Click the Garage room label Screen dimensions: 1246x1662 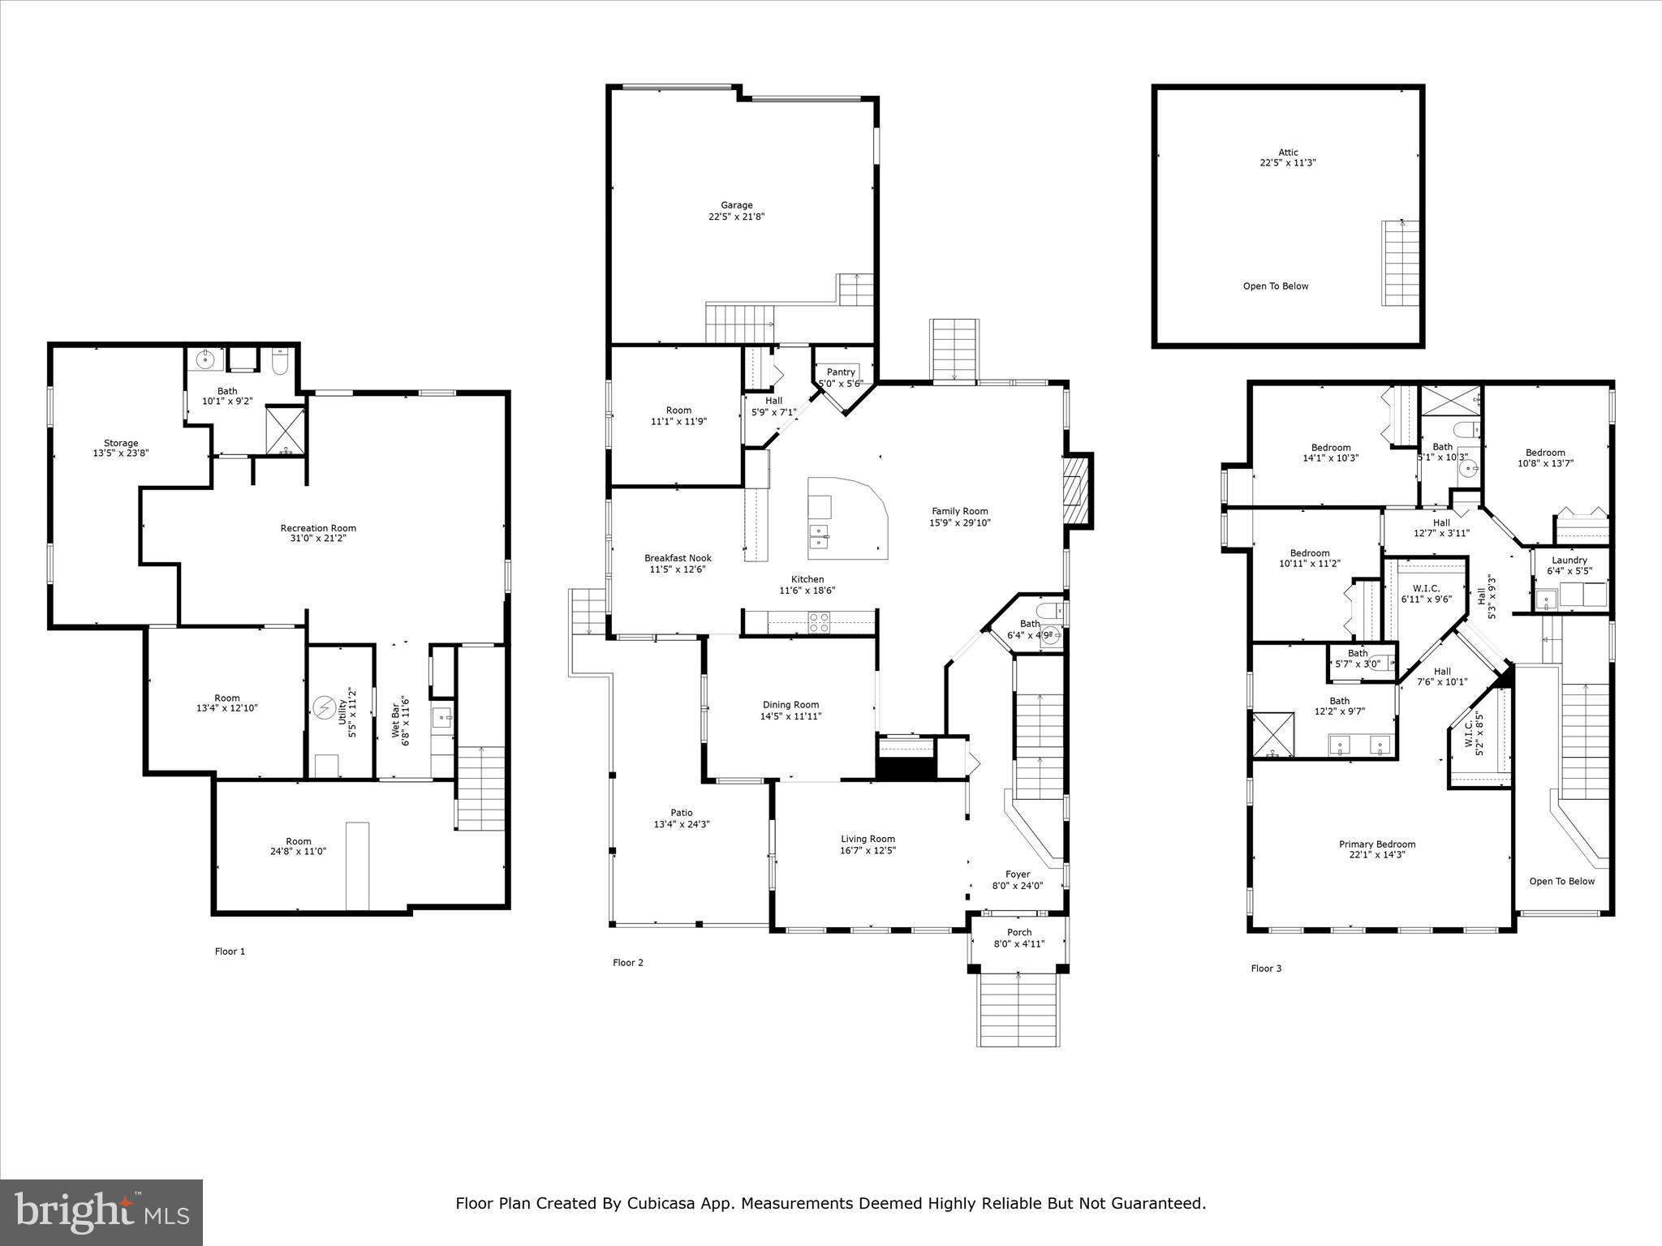point(736,205)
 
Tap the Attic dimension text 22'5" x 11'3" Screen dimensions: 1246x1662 point(1288,163)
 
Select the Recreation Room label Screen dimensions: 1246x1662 point(318,528)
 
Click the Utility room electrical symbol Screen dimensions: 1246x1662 point(325,708)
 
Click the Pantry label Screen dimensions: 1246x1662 point(841,372)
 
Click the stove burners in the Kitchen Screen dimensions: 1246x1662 point(819,622)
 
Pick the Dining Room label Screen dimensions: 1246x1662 point(790,705)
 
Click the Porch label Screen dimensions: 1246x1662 point(1019,932)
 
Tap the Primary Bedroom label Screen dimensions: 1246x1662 point(1377,844)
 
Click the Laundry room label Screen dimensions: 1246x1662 point(1569,560)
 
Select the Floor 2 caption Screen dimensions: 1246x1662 point(627,963)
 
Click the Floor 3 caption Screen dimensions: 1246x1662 point(1266,969)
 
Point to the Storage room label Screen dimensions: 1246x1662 point(121,443)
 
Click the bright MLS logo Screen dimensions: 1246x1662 point(101,1212)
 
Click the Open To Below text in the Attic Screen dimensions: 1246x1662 point(1276,286)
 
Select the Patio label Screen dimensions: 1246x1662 point(682,813)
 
